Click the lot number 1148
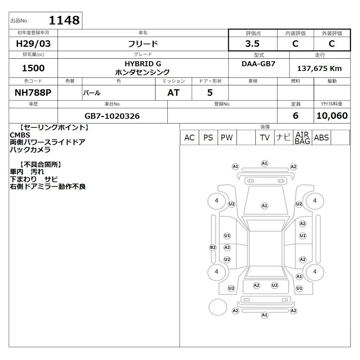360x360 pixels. [x=64, y=20]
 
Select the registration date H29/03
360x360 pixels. [x=33, y=44]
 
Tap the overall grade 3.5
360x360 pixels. [x=252, y=44]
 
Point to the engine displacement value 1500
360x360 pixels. [x=33, y=68]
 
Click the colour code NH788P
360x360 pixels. [x=33, y=93]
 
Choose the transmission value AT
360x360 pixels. [x=174, y=93]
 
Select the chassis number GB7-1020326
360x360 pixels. [x=112, y=116]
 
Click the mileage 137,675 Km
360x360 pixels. [x=319, y=68]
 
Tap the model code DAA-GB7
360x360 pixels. [x=258, y=64]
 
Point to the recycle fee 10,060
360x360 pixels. [x=332, y=116]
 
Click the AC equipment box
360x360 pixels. [x=189, y=138]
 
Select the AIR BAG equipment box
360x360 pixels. [x=302, y=138]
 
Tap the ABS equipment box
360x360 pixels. [x=321, y=138]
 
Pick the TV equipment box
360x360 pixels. [x=265, y=138]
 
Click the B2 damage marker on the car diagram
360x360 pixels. [x=213, y=248]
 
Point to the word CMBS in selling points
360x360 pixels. [x=20, y=135]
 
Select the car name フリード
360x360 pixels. [x=143, y=44]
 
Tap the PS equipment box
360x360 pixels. [x=208, y=138]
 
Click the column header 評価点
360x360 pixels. [x=253, y=33]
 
